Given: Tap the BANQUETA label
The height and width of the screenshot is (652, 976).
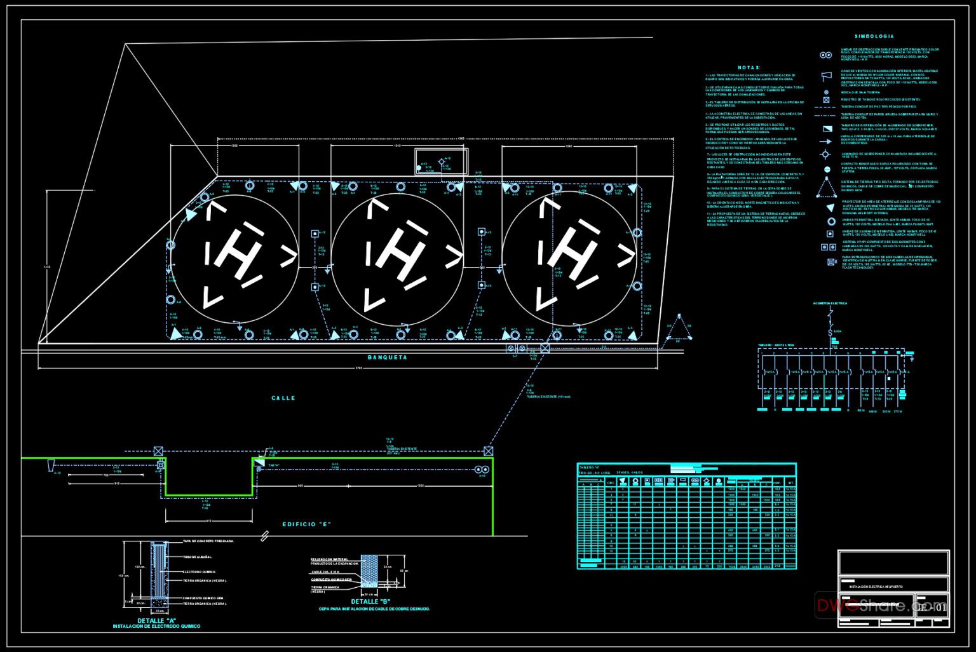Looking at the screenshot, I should point(387,358).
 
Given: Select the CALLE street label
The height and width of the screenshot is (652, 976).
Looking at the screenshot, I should point(283,398).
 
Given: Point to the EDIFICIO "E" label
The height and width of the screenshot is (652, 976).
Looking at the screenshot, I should point(307,525).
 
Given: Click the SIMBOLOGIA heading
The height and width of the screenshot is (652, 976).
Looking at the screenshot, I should point(874,37).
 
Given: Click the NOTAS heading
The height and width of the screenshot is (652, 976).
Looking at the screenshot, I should point(749,67).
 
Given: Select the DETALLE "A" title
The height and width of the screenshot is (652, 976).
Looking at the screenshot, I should point(156,621).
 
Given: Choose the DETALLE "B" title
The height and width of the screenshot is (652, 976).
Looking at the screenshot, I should point(370,602).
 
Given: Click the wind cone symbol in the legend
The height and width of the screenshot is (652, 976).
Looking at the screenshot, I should point(826,76).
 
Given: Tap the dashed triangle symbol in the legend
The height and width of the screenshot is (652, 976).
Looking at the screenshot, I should point(827,188).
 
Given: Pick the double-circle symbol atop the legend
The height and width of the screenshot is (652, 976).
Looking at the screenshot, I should point(825,56).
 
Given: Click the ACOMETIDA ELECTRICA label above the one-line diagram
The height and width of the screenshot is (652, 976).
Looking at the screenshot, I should point(830,304).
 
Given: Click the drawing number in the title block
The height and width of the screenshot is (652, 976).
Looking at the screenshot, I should point(932,608).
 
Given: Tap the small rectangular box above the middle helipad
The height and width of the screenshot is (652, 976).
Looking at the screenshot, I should point(441,161).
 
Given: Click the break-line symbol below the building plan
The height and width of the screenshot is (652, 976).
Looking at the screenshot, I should point(264,537).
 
